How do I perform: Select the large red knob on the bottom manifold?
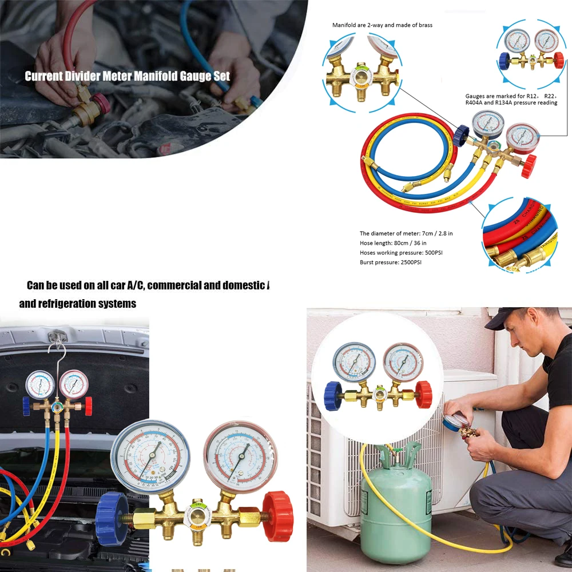[278, 517]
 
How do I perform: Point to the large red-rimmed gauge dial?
[240, 456]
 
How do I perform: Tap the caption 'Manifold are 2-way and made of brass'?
[382, 25]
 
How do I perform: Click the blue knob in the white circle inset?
[333, 396]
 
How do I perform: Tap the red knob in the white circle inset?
[423, 394]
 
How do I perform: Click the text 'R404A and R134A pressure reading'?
[511, 103]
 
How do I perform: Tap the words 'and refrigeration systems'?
[78, 304]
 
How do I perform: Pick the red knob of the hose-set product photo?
[529, 166]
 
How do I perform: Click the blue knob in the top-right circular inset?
[504, 61]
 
